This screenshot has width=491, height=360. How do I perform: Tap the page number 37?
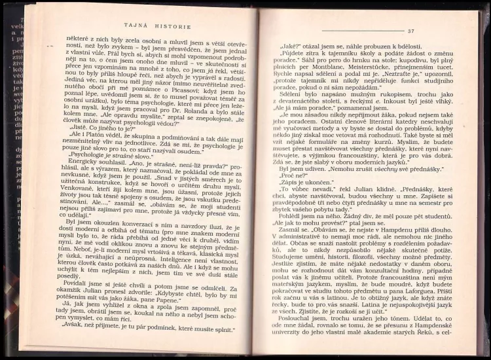click(410, 31)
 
